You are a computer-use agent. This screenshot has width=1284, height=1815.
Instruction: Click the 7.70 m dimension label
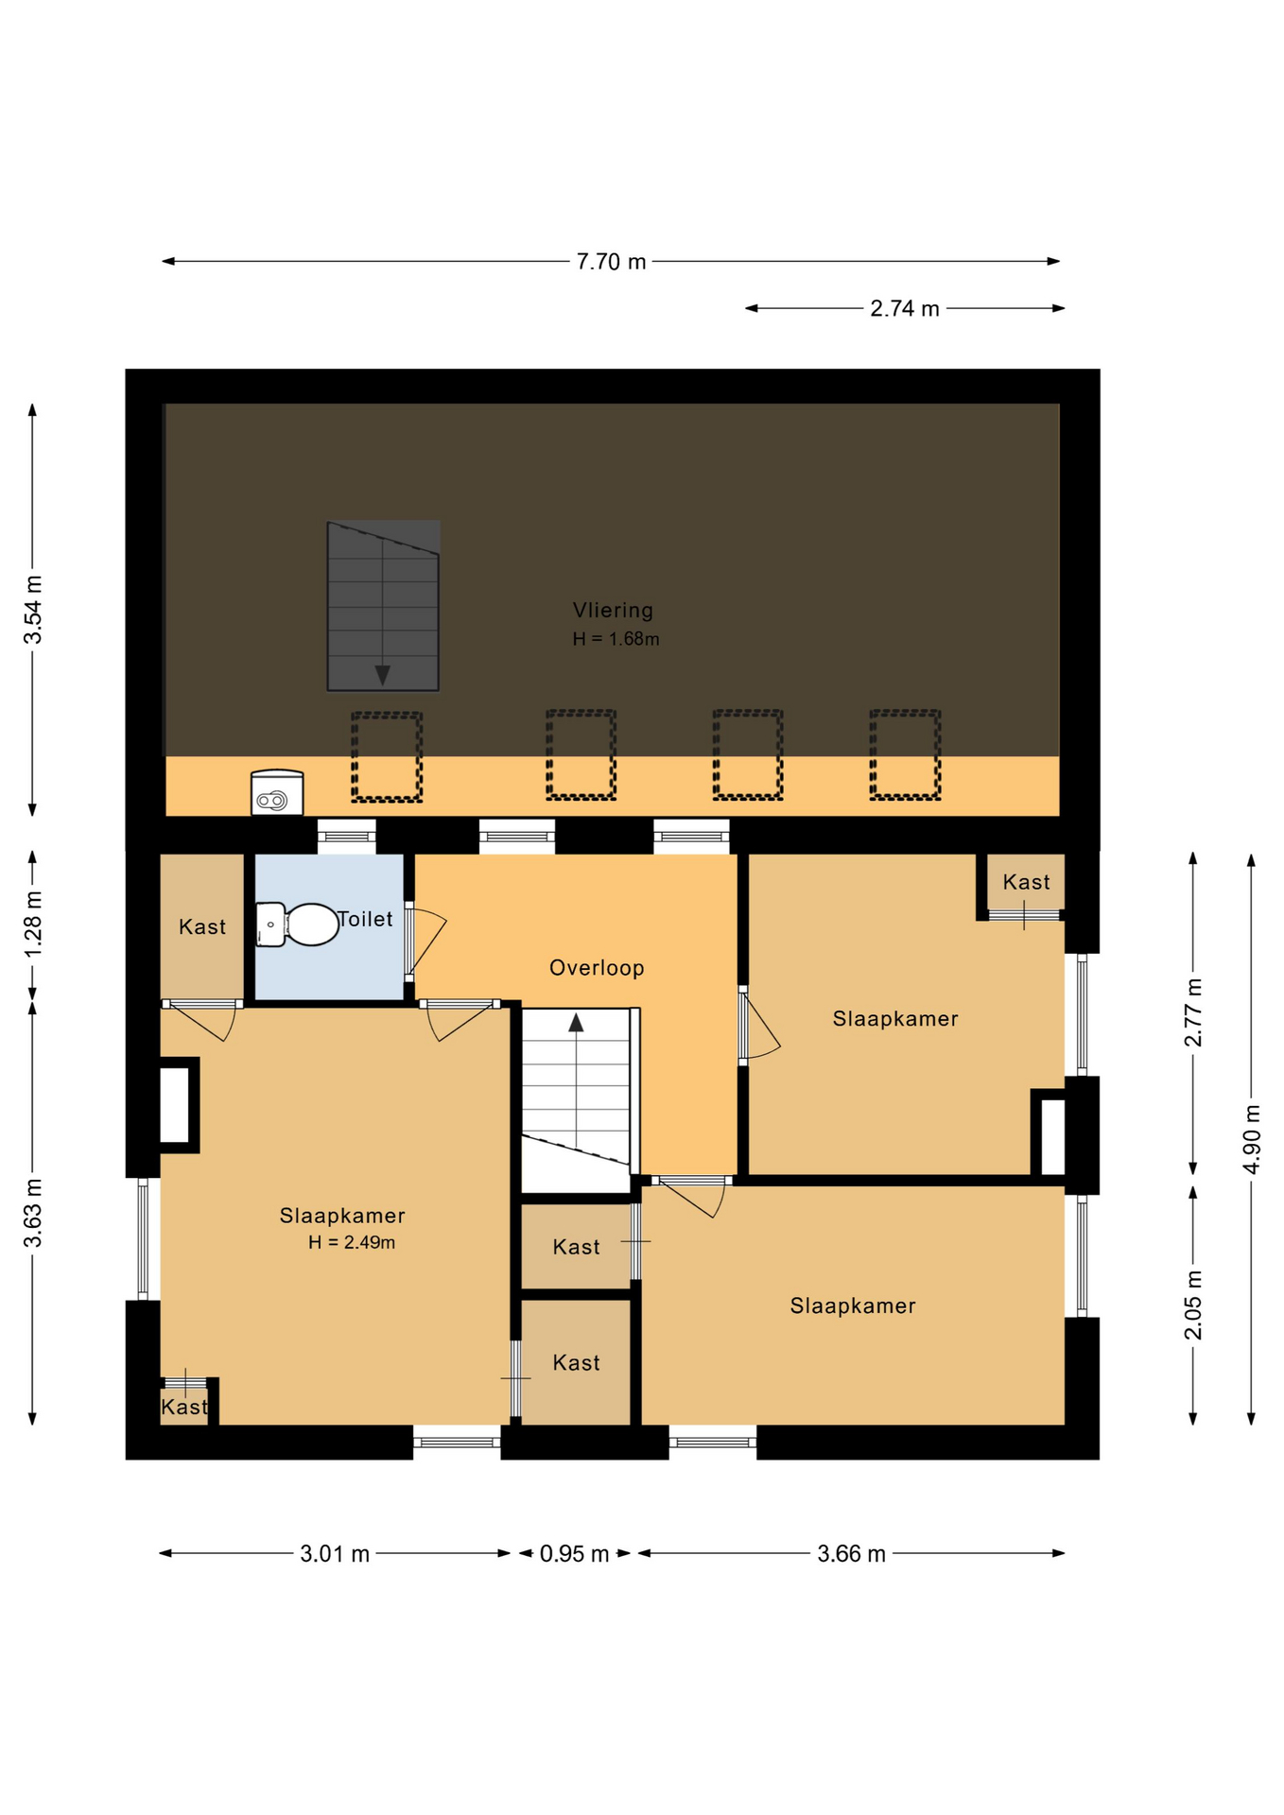pos(611,262)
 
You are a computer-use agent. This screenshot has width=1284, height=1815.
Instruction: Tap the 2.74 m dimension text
pos(905,309)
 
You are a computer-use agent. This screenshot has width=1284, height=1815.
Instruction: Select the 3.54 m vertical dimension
pos(33,610)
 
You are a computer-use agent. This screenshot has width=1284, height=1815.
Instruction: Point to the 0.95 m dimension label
pos(574,1554)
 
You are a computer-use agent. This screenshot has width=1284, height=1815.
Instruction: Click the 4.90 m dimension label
pos(1252,1139)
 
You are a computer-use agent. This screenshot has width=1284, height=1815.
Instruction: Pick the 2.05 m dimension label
pos(1193,1305)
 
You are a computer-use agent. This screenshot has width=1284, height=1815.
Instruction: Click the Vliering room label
pos(613,611)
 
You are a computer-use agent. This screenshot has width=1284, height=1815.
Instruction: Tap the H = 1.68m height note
pos(616,639)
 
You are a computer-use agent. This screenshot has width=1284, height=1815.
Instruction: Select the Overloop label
pos(597,968)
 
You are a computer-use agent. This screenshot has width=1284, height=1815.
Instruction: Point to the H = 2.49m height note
pos(352,1242)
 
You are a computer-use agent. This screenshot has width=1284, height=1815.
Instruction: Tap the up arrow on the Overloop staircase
pos(576,1022)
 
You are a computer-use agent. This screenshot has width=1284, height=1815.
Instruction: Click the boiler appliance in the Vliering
pos(277,792)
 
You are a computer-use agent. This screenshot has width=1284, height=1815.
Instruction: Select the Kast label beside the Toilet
pos(202,927)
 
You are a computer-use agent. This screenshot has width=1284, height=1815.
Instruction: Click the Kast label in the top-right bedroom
pos(1026,882)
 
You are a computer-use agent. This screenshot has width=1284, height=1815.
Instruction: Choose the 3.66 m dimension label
pos(851,1554)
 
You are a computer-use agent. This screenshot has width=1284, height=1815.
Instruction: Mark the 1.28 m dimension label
pos(33,924)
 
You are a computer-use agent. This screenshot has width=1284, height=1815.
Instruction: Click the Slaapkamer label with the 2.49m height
pos(342,1216)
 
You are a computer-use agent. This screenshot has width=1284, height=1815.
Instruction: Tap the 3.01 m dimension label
pos(335,1554)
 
